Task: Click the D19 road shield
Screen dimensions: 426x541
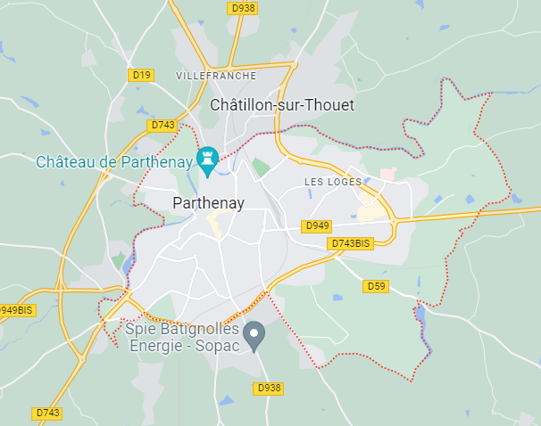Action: click(141, 75)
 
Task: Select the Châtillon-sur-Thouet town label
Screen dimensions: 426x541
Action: click(281, 105)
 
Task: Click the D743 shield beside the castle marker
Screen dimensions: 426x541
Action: click(162, 126)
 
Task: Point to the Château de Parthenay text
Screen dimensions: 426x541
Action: click(114, 161)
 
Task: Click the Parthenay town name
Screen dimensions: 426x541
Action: click(208, 203)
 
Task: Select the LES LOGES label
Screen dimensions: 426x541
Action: click(333, 182)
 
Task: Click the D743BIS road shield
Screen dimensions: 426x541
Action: click(350, 242)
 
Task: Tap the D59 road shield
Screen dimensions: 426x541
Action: click(376, 286)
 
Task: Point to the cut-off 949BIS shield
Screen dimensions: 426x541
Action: click(17, 310)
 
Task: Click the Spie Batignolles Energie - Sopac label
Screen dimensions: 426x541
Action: click(182, 337)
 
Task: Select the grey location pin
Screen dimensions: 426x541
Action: click(254, 334)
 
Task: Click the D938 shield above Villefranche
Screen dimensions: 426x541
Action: click(242, 7)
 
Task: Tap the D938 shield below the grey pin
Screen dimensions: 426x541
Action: click(268, 388)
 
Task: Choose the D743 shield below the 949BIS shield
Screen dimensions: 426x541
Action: click(47, 413)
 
